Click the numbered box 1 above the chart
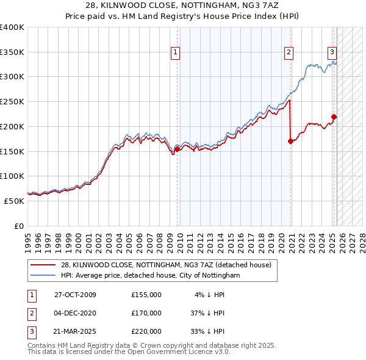click(175, 52)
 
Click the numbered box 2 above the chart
click(288, 52)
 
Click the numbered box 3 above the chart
click(332, 52)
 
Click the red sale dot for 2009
click(178, 148)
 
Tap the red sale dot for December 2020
click(290, 141)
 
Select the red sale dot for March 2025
click(334, 117)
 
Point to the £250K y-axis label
click(12, 101)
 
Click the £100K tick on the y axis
click(12, 176)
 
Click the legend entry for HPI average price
click(151, 276)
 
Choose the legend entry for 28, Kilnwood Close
click(170, 265)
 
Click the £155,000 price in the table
click(146, 295)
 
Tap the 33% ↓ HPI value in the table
click(207, 331)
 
